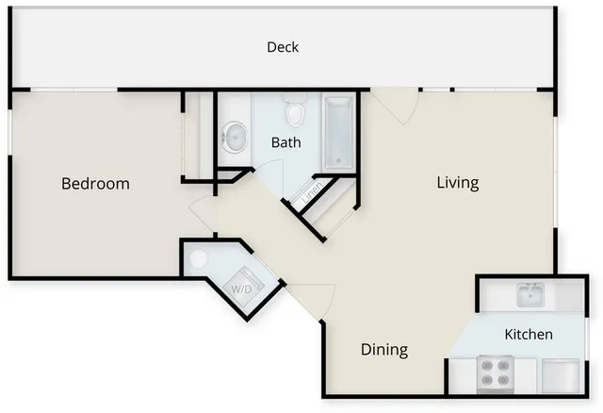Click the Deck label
pyautogui.click(x=283, y=47)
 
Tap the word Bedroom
pyautogui.click(x=95, y=184)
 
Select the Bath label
pyautogui.click(x=285, y=142)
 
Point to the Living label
pyautogui.click(x=458, y=182)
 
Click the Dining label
pyautogui.click(x=384, y=350)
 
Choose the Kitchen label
pyautogui.click(x=529, y=334)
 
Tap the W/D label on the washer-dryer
pyautogui.click(x=241, y=289)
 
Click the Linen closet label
pyautogui.click(x=312, y=192)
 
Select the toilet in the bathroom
pyautogui.click(x=295, y=109)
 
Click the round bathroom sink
pyautogui.click(x=234, y=137)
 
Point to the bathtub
pyautogui.click(x=338, y=133)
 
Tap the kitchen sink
pyautogui.click(x=530, y=294)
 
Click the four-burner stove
pyautogui.click(x=496, y=374)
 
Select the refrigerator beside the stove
pyautogui.click(x=561, y=376)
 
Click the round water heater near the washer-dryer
pyautogui.click(x=198, y=259)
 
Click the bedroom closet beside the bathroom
pyautogui.click(x=199, y=135)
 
